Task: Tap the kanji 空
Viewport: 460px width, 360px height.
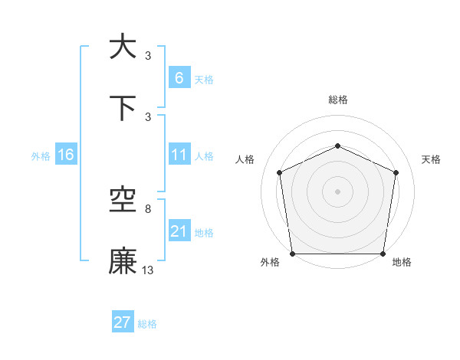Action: (123, 201)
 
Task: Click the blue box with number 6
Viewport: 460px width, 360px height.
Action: (179, 78)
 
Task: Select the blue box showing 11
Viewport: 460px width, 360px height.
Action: (179, 155)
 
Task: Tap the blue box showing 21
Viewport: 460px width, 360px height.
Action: (179, 232)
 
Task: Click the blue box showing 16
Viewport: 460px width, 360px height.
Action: (66, 155)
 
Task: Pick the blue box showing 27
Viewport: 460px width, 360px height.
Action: (123, 322)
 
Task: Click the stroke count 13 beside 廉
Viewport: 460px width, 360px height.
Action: (148, 270)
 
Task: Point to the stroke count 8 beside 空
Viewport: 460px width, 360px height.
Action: (148, 208)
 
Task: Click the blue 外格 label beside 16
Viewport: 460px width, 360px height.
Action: (41, 156)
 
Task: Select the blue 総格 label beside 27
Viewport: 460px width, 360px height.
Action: (147, 324)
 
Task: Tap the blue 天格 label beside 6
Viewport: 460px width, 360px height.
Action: (203, 80)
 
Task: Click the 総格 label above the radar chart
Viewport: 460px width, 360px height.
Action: (337, 100)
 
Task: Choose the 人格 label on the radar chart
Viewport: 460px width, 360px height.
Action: (245, 159)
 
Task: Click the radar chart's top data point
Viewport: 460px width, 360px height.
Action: (337, 145)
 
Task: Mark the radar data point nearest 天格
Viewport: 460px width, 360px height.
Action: (396, 172)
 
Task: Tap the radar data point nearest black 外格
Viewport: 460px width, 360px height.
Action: (293, 254)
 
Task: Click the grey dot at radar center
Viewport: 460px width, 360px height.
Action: (337, 191)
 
